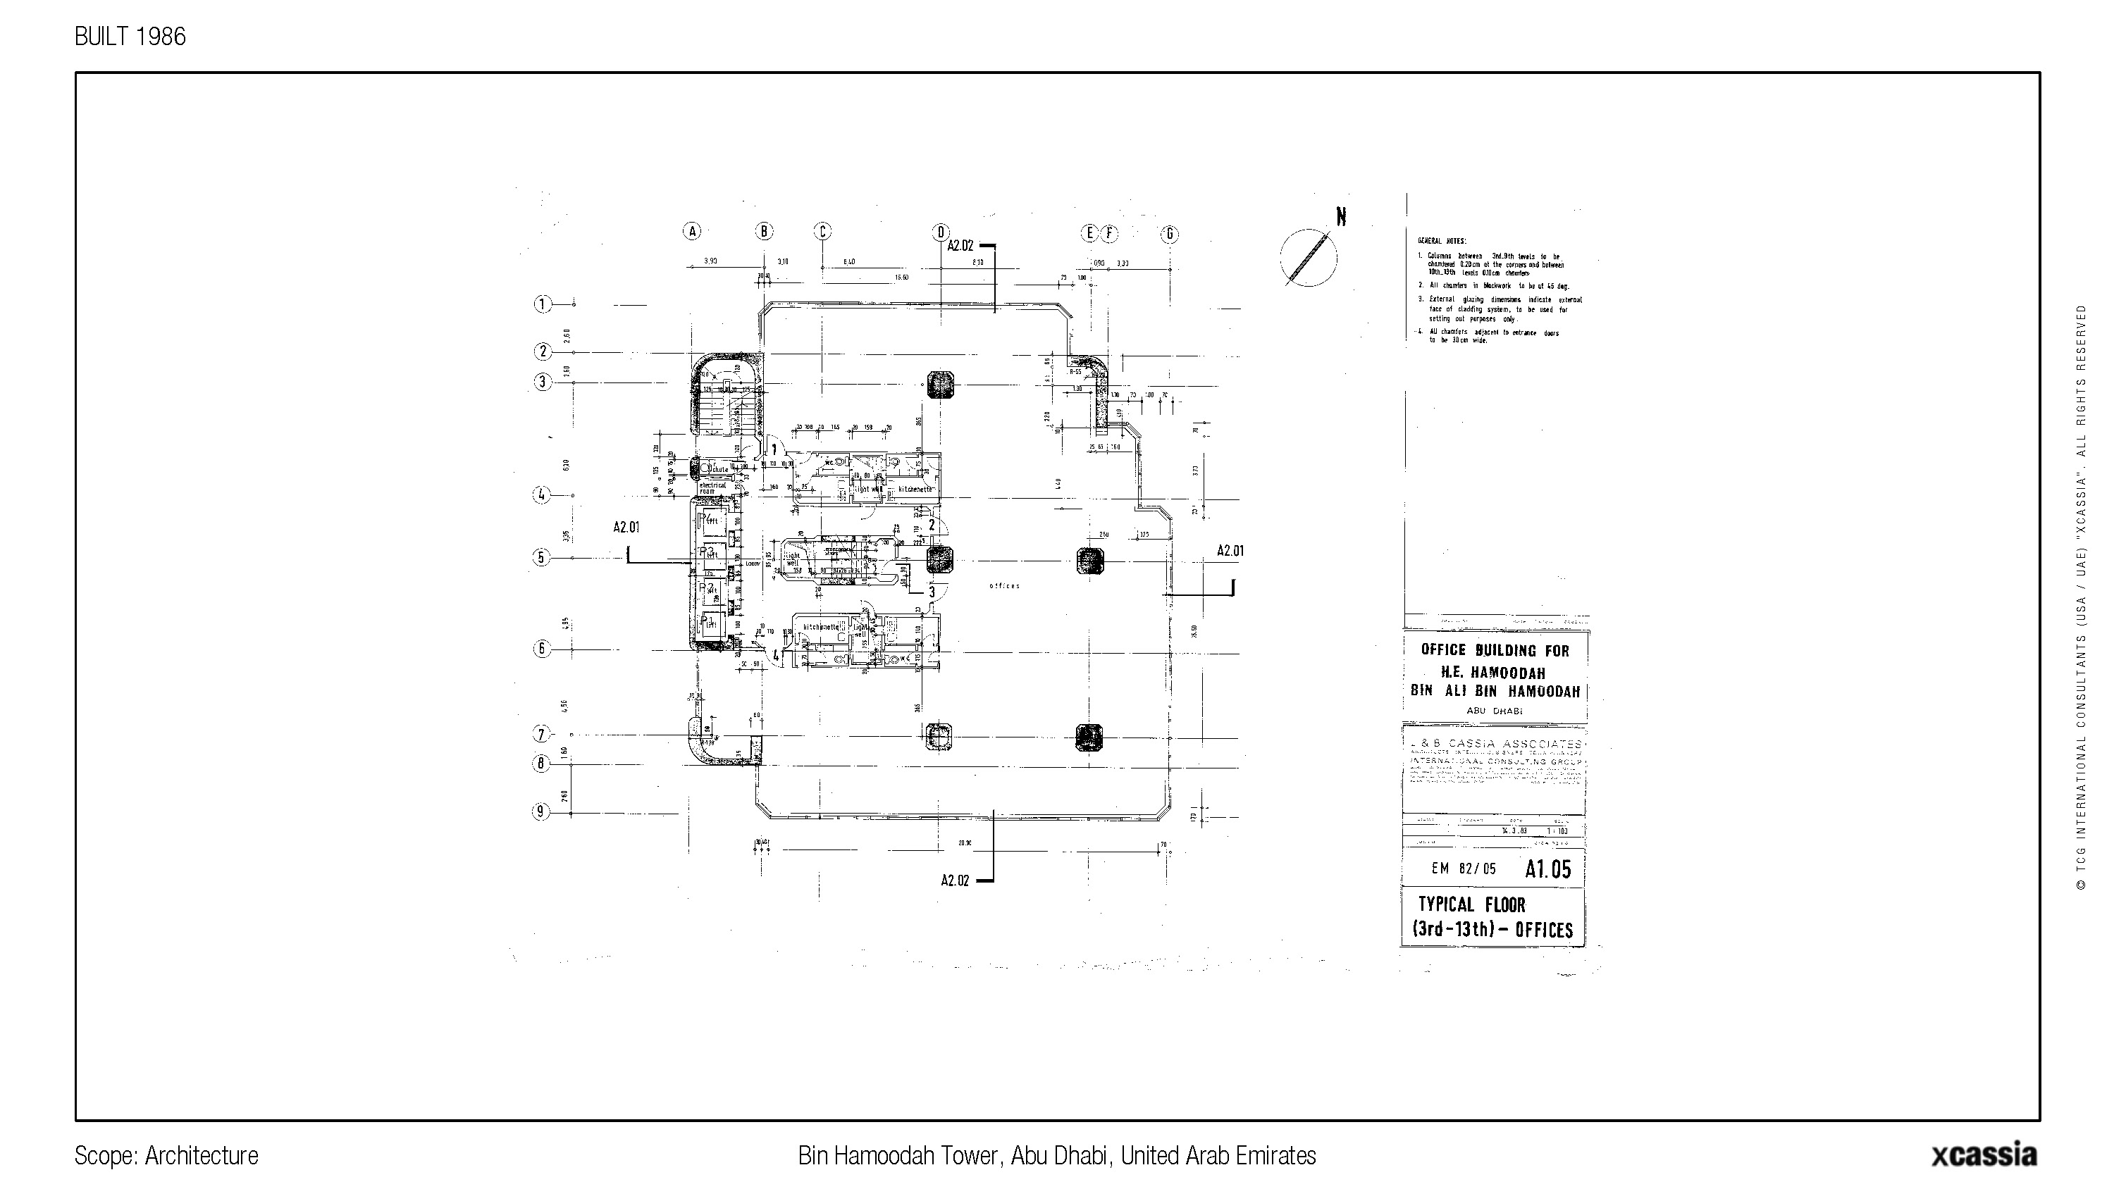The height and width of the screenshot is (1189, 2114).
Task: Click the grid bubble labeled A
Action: click(693, 232)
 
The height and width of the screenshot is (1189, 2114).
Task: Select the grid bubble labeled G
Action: click(1170, 234)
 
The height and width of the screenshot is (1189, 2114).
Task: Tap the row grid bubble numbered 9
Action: click(540, 812)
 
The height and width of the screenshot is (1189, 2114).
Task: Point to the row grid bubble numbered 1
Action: click(543, 304)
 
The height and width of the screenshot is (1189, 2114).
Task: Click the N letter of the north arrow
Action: click(1341, 217)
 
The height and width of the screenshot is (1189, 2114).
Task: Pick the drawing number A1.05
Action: click(1547, 869)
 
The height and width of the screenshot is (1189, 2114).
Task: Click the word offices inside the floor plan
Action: click(1004, 586)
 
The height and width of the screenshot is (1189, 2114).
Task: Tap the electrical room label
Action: click(712, 487)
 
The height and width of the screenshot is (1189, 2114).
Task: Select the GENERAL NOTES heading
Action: click(1437, 241)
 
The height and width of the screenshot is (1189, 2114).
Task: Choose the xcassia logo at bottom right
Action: click(1983, 1154)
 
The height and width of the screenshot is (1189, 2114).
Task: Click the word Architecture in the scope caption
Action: click(201, 1155)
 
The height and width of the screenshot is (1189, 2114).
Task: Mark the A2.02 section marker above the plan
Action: click(960, 245)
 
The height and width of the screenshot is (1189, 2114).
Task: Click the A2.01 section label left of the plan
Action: click(626, 528)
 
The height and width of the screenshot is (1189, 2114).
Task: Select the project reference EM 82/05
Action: click(1463, 869)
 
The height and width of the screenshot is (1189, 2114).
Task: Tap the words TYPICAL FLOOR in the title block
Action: click(1471, 905)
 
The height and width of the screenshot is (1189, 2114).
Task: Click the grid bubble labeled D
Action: click(941, 232)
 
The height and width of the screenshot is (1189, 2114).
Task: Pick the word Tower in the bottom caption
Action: click(974, 1155)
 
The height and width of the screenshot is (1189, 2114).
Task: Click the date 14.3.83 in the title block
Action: click(1514, 830)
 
